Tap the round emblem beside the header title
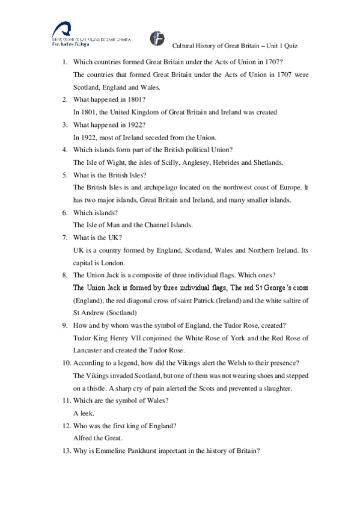157,37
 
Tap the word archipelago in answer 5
153,188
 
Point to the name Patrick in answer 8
206,300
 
